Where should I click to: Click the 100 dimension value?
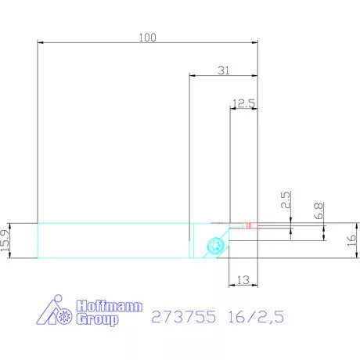(x=147, y=38)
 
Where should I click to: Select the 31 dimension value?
(x=224, y=70)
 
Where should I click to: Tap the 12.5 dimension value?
(x=243, y=103)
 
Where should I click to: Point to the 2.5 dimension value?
(x=286, y=200)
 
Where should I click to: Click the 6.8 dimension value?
(x=319, y=211)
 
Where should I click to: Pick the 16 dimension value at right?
(x=351, y=240)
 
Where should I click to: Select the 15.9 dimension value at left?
(x=5, y=240)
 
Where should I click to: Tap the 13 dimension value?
(x=243, y=280)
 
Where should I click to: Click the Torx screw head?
(x=216, y=245)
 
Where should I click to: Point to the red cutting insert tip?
(x=250, y=225)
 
